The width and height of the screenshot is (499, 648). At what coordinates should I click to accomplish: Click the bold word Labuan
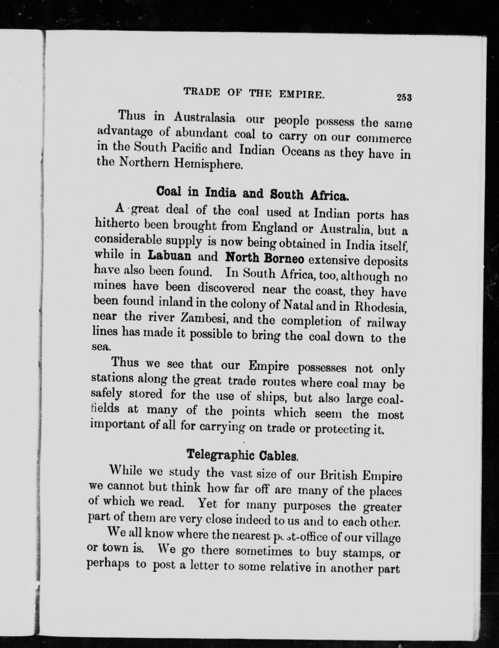pos(169,256)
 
